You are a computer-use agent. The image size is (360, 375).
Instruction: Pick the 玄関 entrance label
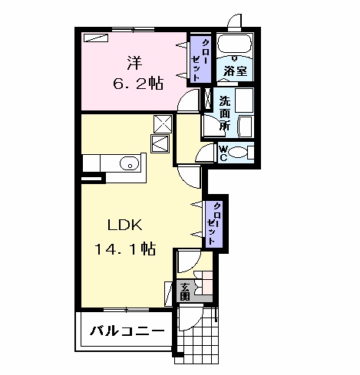point(185,291)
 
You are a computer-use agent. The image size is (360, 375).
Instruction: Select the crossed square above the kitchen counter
point(163,123)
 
